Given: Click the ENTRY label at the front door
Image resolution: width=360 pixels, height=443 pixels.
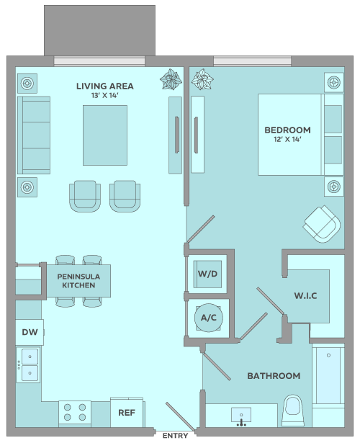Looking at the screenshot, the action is coord(176,435).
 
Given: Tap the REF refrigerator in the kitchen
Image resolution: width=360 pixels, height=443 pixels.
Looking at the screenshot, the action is coord(127,413).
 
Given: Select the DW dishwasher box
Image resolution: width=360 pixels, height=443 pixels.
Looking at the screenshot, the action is coord(30,332).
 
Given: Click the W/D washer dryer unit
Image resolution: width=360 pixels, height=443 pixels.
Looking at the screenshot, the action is coord(207,274).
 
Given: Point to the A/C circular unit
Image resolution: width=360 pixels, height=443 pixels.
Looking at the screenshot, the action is coord(209,318).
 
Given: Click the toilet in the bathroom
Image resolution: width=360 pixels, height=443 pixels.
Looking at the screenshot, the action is coord(293,411).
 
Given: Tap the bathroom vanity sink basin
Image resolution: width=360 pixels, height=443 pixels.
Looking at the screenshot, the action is coord(241,415).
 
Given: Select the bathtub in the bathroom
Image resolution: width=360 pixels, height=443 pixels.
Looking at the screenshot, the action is coord(328,375).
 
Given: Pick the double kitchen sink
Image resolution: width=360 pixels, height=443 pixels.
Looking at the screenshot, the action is coord(28,364).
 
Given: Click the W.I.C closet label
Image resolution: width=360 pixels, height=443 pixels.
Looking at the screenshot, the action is coord(305,296).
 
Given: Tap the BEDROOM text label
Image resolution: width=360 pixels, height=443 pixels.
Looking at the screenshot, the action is coord(287,130).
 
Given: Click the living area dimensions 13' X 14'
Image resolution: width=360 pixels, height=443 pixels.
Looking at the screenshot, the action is coord(104,96).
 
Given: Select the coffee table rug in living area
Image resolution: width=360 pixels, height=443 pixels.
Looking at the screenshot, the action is coord(105,135).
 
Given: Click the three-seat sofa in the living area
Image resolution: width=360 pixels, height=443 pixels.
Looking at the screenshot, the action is coord(34,135).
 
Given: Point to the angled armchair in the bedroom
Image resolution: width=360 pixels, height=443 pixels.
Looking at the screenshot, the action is coord(322,224).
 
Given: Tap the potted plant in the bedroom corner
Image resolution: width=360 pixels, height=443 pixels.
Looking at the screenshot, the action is coord(202,79).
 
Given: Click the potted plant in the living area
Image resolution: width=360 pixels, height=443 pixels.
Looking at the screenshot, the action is coord(171,79).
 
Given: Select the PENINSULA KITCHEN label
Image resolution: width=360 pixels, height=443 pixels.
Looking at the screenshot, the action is coord(78,281).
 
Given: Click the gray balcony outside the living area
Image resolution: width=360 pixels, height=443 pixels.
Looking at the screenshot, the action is coord(99,30).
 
